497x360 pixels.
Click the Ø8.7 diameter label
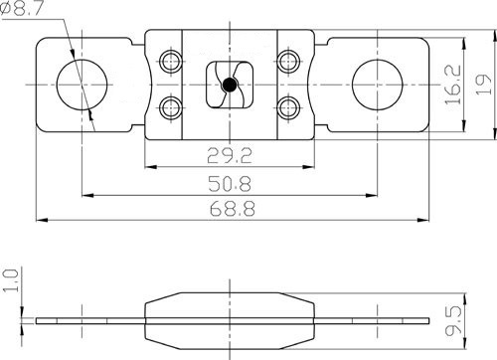pyautogui.click(x=22, y=8)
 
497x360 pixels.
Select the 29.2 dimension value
pyautogui.click(x=230, y=155)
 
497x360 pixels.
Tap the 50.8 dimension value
pyautogui.click(x=230, y=184)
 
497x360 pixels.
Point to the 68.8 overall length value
pyautogui.click(x=233, y=209)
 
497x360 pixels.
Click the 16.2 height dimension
pyautogui.click(x=453, y=85)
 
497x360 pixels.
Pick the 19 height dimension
pyautogui.click(x=483, y=85)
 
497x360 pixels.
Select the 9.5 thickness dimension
pyautogui.click(x=453, y=321)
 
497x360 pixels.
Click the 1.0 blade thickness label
pyautogui.click(x=10, y=280)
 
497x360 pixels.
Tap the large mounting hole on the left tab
pyautogui.click(x=82, y=85)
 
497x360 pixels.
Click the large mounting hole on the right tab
pyautogui.click(x=378, y=85)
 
